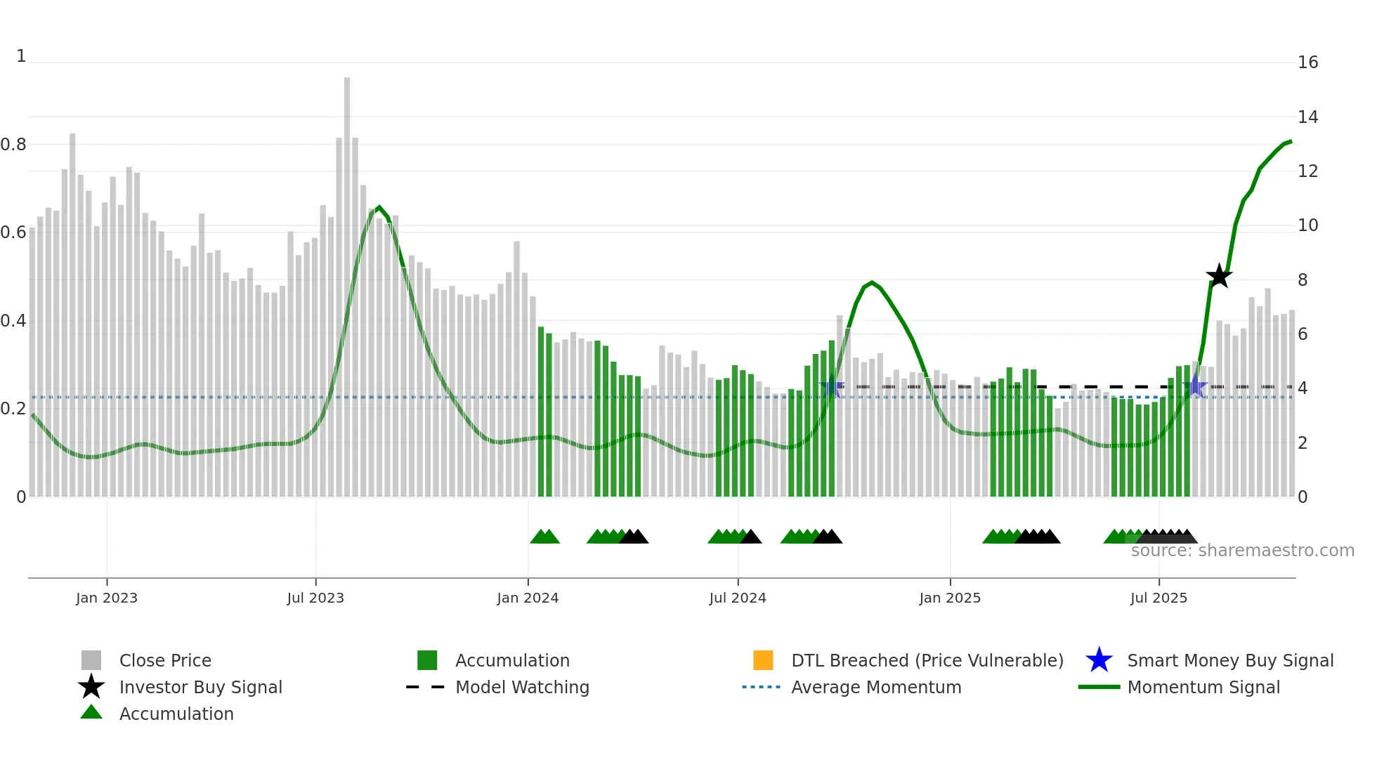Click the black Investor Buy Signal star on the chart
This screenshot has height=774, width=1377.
click(1219, 276)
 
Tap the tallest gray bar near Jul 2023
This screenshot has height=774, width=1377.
click(347, 281)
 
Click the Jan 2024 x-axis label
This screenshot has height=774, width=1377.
click(528, 598)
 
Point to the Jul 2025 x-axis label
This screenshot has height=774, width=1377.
click(1159, 598)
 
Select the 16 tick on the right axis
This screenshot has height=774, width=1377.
click(1307, 63)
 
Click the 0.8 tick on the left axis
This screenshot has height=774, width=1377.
click(13, 145)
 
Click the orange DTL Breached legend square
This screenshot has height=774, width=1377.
click(763, 660)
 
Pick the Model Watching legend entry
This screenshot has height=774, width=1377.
click(521, 687)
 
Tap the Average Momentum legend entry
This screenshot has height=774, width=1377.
click(875, 687)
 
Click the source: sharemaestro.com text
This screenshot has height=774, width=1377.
click(1242, 551)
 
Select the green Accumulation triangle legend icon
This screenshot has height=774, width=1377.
click(91, 712)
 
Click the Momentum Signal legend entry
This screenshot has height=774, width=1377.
click(1203, 687)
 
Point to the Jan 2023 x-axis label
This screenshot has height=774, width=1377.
click(107, 598)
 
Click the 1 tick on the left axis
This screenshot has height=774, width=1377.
click(21, 56)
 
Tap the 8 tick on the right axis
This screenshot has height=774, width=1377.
click(1303, 280)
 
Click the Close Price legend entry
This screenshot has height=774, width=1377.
click(164, 660)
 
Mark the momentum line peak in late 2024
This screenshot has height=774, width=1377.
click(872, 282)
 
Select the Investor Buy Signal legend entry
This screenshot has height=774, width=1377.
click(200, 687)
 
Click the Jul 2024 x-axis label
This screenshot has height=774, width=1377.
click(738, 598)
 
